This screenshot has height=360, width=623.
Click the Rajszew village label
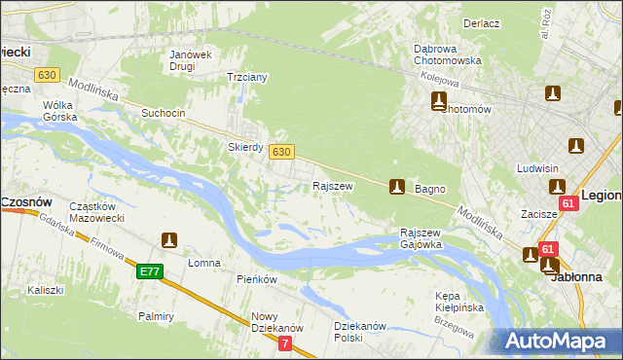pos(332,185)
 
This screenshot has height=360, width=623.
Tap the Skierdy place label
pos(246,147)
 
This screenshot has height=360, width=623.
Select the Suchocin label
pos(163,113)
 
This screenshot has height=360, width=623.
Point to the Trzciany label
pos(246,77)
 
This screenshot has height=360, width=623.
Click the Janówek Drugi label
pos(190,60)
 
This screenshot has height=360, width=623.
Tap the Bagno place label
pos(430,189)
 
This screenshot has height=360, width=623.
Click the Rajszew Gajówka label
pos(421,239)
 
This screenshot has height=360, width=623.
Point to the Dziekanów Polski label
pos(361,332)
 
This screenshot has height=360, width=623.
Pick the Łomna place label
pos(204,263)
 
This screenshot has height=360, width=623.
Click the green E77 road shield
pos(149,271)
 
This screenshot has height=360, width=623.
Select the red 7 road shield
pos(285,343)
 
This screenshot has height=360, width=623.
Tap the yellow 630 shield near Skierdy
pos(281,152)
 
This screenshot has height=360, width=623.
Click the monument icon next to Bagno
pos(396,186)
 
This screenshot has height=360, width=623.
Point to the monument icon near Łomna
pos(168,239)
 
